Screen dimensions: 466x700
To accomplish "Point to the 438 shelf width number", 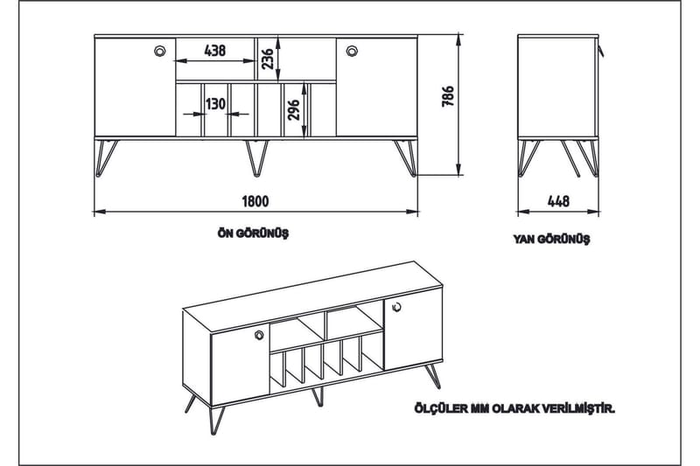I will coord(214,51).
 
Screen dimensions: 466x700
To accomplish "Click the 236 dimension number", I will coord(268,58).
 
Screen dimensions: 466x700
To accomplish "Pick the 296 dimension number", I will coord(294,109).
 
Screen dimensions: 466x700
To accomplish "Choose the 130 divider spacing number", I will coord(214,103).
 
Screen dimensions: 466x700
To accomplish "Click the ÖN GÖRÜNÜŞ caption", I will coord(254,233).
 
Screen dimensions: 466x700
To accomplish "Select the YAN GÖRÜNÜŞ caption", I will coord(552,238).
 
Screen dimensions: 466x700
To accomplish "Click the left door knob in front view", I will coord(159,51).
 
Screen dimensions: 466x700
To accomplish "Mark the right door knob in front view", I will coord(352,51).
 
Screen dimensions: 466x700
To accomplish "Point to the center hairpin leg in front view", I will coord(255,156).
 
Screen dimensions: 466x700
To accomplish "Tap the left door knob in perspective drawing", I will coord(259,335).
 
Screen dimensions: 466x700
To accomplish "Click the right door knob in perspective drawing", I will coord(395,307).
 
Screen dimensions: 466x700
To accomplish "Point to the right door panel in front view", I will coord(376,87).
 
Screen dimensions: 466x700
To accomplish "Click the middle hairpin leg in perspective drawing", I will coord(318,396).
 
